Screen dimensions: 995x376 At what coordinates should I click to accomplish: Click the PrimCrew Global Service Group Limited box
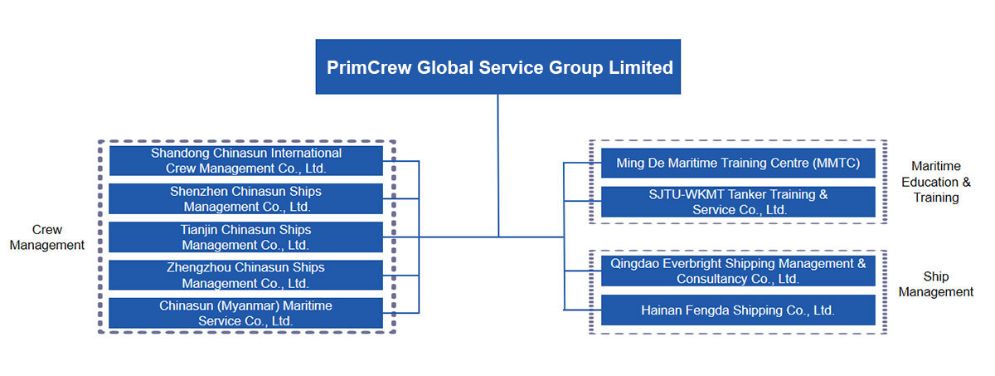(498, 66)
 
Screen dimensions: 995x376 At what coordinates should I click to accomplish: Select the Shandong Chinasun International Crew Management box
(246, 161)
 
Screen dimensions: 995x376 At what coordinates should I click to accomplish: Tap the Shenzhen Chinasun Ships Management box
(246, 198)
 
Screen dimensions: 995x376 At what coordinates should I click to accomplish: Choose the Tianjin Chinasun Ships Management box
(246, 237)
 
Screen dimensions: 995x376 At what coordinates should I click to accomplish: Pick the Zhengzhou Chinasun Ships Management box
(246, 275)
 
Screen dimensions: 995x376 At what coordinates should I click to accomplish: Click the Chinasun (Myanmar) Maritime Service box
(246, 314)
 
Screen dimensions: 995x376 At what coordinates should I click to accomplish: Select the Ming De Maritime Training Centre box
(738, 164)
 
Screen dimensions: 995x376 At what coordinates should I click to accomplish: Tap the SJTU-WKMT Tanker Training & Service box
(738, 202)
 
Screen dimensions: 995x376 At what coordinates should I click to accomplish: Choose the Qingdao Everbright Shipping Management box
(738, 271)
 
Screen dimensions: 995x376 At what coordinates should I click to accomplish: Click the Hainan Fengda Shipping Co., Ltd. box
(738, 310)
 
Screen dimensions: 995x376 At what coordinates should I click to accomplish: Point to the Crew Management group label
(47, 237)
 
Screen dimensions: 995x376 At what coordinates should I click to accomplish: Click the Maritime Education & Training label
(936, 182)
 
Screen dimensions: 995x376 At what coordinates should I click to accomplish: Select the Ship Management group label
(936, 284)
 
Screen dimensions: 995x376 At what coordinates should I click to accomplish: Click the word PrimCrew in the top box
(369, 67)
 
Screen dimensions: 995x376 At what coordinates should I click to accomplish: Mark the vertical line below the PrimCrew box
(498, 165)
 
